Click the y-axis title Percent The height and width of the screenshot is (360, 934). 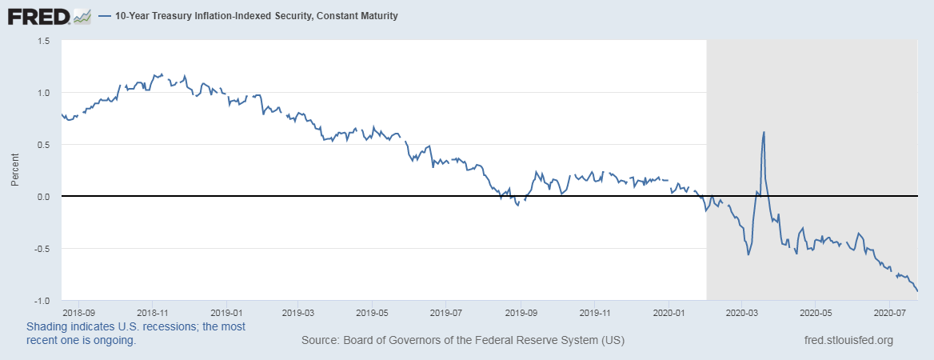(x=15, y=170)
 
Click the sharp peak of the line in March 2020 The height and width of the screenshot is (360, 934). (x=764, y=132)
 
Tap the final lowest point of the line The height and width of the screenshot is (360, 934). (x=918, y=291)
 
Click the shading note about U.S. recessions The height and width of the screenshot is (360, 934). (x=136, y=334)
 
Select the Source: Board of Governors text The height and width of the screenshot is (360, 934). (x=463, y=341)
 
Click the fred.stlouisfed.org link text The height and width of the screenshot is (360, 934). (x=848, y=341)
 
